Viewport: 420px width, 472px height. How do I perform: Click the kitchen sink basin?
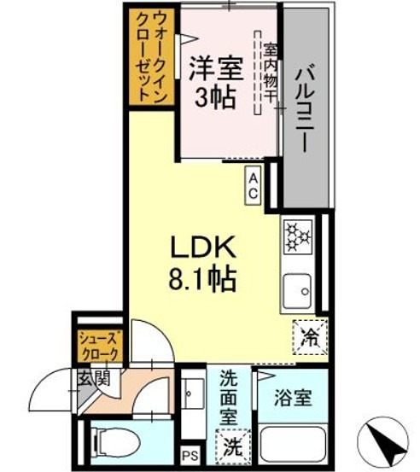click(299, 288)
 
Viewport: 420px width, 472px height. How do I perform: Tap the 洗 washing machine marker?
click(232, 444)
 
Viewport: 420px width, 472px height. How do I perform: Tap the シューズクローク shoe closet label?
click(101, 344)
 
